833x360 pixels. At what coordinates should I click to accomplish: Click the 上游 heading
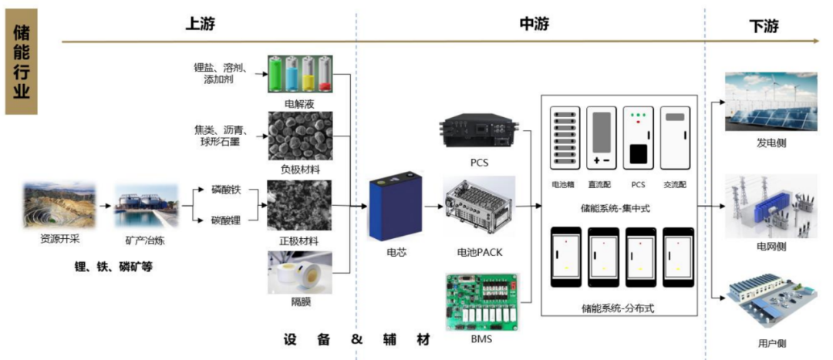200,25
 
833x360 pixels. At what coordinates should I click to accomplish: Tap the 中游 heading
535,25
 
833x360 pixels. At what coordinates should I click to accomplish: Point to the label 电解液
299,103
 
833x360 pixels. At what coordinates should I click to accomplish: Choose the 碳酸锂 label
227,220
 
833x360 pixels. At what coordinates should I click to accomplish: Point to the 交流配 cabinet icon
676,140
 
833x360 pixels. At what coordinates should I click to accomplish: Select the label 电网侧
771,247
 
